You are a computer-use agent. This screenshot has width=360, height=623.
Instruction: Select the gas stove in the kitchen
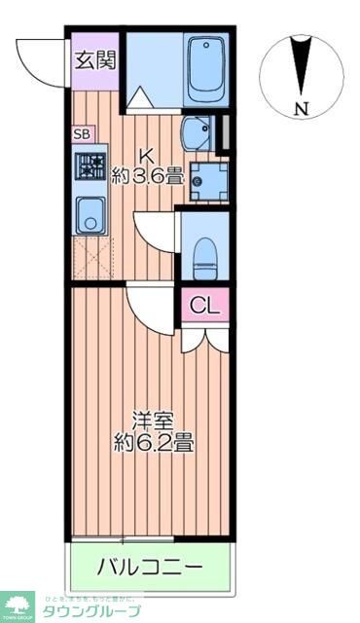click(x=92, y=168)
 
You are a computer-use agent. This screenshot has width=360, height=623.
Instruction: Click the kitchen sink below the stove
click(x=91, y=213)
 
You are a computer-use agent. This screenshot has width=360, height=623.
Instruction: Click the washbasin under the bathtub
click(x=200, y=132)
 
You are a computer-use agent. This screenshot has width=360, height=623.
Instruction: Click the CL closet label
click(x=204, y=306)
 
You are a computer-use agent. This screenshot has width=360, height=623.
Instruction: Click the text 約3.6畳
click(x=147, y=176)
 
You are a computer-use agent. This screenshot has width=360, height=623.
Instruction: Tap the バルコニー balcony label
click(x=150, y=566)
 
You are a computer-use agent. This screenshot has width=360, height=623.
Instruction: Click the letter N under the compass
click(x=303, y=109)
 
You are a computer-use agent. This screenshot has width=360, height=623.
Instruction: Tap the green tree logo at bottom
click(x=17, y=603)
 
